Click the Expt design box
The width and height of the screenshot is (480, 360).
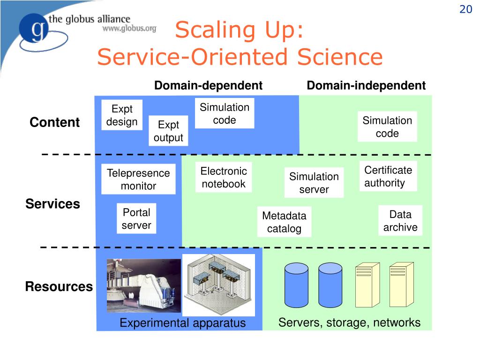pos(122,115)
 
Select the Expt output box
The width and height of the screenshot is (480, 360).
pos(168,131)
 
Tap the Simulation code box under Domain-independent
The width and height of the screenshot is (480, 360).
pos(387,127)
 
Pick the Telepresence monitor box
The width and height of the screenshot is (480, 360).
pos(138,179)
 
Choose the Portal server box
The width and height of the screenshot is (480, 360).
pos(136,218)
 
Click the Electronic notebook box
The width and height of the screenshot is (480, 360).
pos(224,177)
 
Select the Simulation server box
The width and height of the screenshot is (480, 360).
pos(314,182)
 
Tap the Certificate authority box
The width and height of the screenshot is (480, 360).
pos(388,176)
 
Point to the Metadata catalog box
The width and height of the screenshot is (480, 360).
pos(285,222)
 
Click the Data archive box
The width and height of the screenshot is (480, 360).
pos(400,220)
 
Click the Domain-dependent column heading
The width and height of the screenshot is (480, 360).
pos(209,85)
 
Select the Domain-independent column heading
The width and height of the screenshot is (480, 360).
pos(366,85)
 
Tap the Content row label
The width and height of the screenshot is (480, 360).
pos(54,122)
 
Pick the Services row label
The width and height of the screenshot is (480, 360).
pos(52,204)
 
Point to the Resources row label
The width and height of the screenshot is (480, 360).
pos(59,286)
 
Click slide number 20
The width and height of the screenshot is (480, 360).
pos(466,9)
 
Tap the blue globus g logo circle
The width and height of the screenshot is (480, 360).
pos(34,28)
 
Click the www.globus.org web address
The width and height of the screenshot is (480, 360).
pos(129,29)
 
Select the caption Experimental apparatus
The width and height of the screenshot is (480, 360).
pos(182,323)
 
